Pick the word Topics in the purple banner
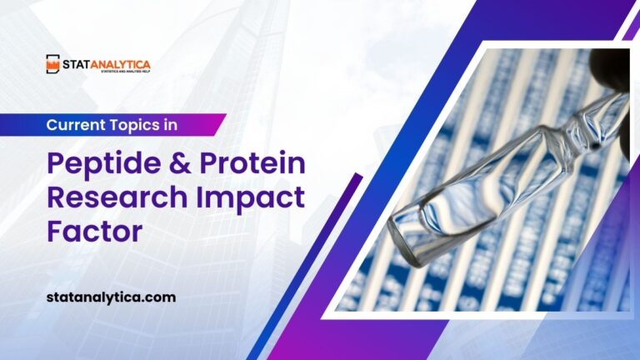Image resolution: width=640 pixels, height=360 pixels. [x=139, y=124]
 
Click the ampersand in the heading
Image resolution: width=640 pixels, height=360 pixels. [x=177, y=164]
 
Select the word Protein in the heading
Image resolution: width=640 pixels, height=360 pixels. [x=252, y=164]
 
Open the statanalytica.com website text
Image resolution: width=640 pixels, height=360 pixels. [x=111, y=297]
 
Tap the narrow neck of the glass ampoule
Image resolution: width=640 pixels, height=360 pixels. [x=575, y=125]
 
